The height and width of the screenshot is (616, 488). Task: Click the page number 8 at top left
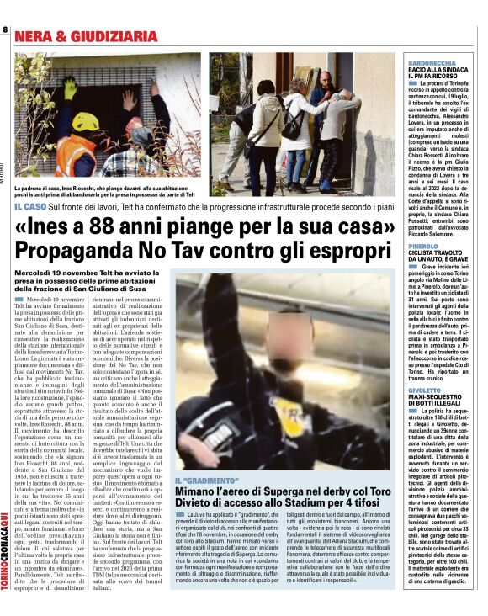pos(5,30)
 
